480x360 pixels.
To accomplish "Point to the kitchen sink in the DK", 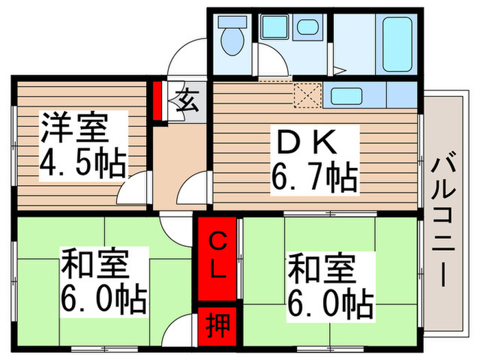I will [x=346, y=95].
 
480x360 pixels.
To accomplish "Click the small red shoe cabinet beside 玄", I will [x=158, y=100].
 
